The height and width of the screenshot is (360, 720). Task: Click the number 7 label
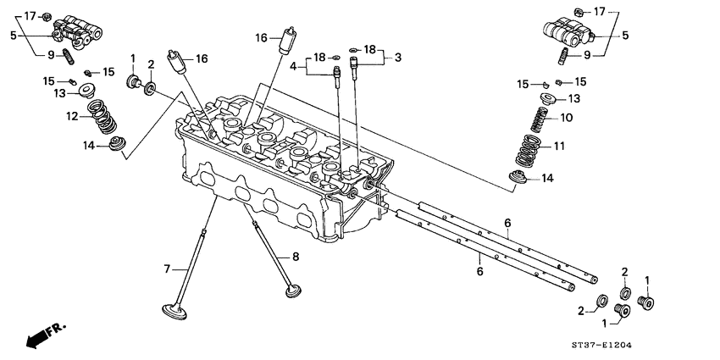click(x=168, y=269)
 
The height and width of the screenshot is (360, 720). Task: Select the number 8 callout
click(x=296, y=256)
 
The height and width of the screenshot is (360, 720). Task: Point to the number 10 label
click(x=567, y=118)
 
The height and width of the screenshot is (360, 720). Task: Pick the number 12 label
click(x=73, y=116)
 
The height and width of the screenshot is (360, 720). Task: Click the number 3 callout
click(x=398, y=57)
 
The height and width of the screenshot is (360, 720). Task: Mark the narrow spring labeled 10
click(x=538, y=119)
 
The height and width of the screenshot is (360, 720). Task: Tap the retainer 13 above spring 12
click(x=86, y=91)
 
